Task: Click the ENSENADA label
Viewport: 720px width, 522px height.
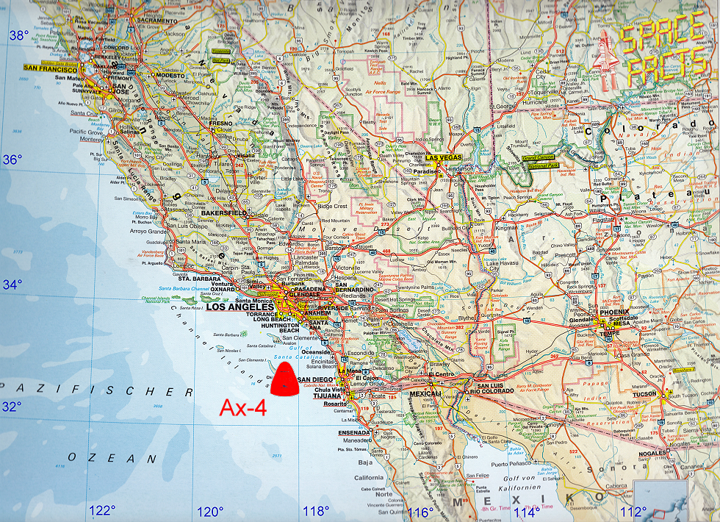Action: (x=355, y=432)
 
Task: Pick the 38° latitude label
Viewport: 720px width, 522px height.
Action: (x=18, y=35)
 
